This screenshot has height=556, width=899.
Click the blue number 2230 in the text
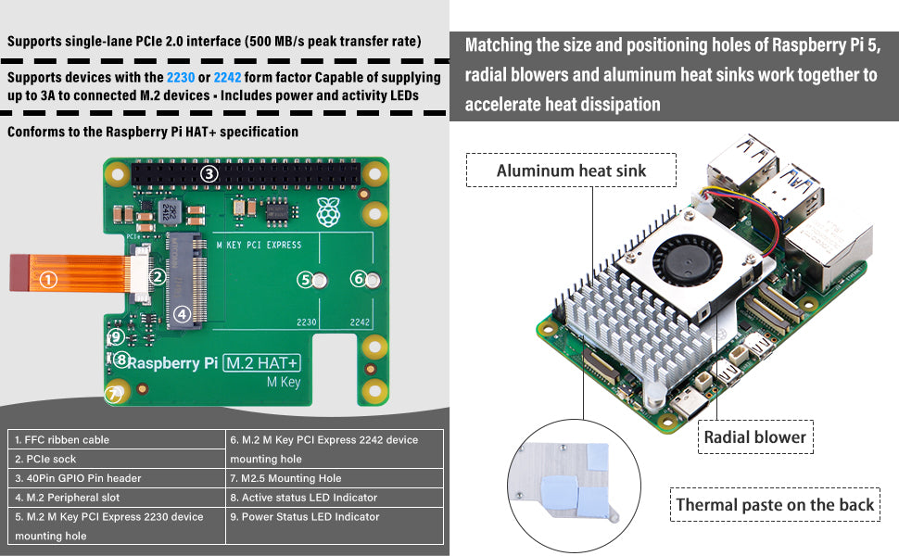(x=181, y=77)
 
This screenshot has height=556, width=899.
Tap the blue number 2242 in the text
(x=228, y=77)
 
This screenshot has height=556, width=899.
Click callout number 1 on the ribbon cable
(x=49, y=278)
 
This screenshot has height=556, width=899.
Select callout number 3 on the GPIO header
(x=209, y=173)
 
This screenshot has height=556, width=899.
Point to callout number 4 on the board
(x=183, y=314)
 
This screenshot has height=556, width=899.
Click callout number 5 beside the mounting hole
(x=305, y=279)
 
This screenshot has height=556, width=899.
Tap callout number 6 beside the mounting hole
(x=358, y=278)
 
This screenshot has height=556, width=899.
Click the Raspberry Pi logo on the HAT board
(x=327, y=212)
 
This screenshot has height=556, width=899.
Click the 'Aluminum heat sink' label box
(x=571, y=170)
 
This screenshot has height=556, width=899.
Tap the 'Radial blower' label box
(x=754, y=437)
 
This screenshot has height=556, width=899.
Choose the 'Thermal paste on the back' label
(x=775, y=505)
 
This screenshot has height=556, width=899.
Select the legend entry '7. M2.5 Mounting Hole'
(x=285, y=478)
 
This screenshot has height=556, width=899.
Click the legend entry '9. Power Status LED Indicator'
(x=305, y=516)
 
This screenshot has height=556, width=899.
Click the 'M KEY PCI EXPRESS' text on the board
(x=259, y=245)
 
